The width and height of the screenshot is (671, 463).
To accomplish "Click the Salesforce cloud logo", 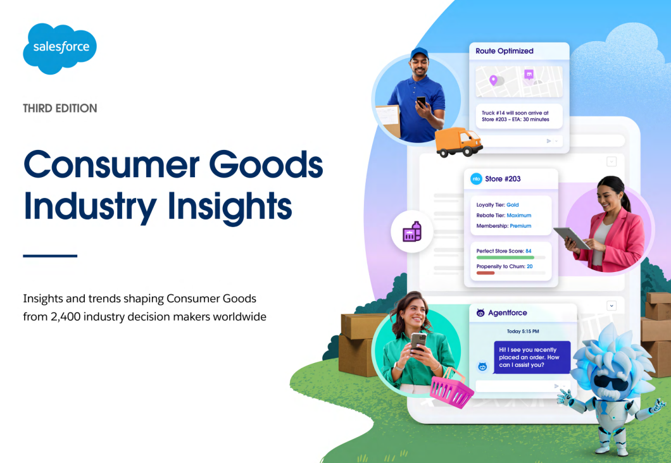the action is click(60, 49).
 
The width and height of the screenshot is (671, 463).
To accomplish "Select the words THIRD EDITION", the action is click(60, 108).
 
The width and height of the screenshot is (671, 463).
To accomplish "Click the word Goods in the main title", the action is click(266, 164).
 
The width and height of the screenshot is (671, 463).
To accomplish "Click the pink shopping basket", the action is click(451, 388).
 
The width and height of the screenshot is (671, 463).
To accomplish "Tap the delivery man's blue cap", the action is click(419, 53).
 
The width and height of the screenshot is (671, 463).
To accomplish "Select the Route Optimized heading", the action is click(505, 51).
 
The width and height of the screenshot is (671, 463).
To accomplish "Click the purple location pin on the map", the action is click(493, 80).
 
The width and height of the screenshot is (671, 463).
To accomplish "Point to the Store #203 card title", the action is click(503, 179).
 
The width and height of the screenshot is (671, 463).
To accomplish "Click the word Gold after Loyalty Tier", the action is click(513, 205).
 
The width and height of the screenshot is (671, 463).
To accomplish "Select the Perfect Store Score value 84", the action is click(529, 251).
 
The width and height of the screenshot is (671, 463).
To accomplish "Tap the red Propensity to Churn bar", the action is click(486, 273).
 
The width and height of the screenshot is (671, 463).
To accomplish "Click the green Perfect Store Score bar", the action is click(505, 257).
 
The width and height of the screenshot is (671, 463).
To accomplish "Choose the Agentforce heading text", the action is click(508, 313).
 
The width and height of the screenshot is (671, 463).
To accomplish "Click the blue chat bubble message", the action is click(532, 357).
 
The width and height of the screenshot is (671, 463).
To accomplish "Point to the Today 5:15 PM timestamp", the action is click(523, 331).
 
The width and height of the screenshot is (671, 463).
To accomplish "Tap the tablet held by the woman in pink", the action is click(572, 238).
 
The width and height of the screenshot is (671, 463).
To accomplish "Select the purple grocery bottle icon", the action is click(411, 231).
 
